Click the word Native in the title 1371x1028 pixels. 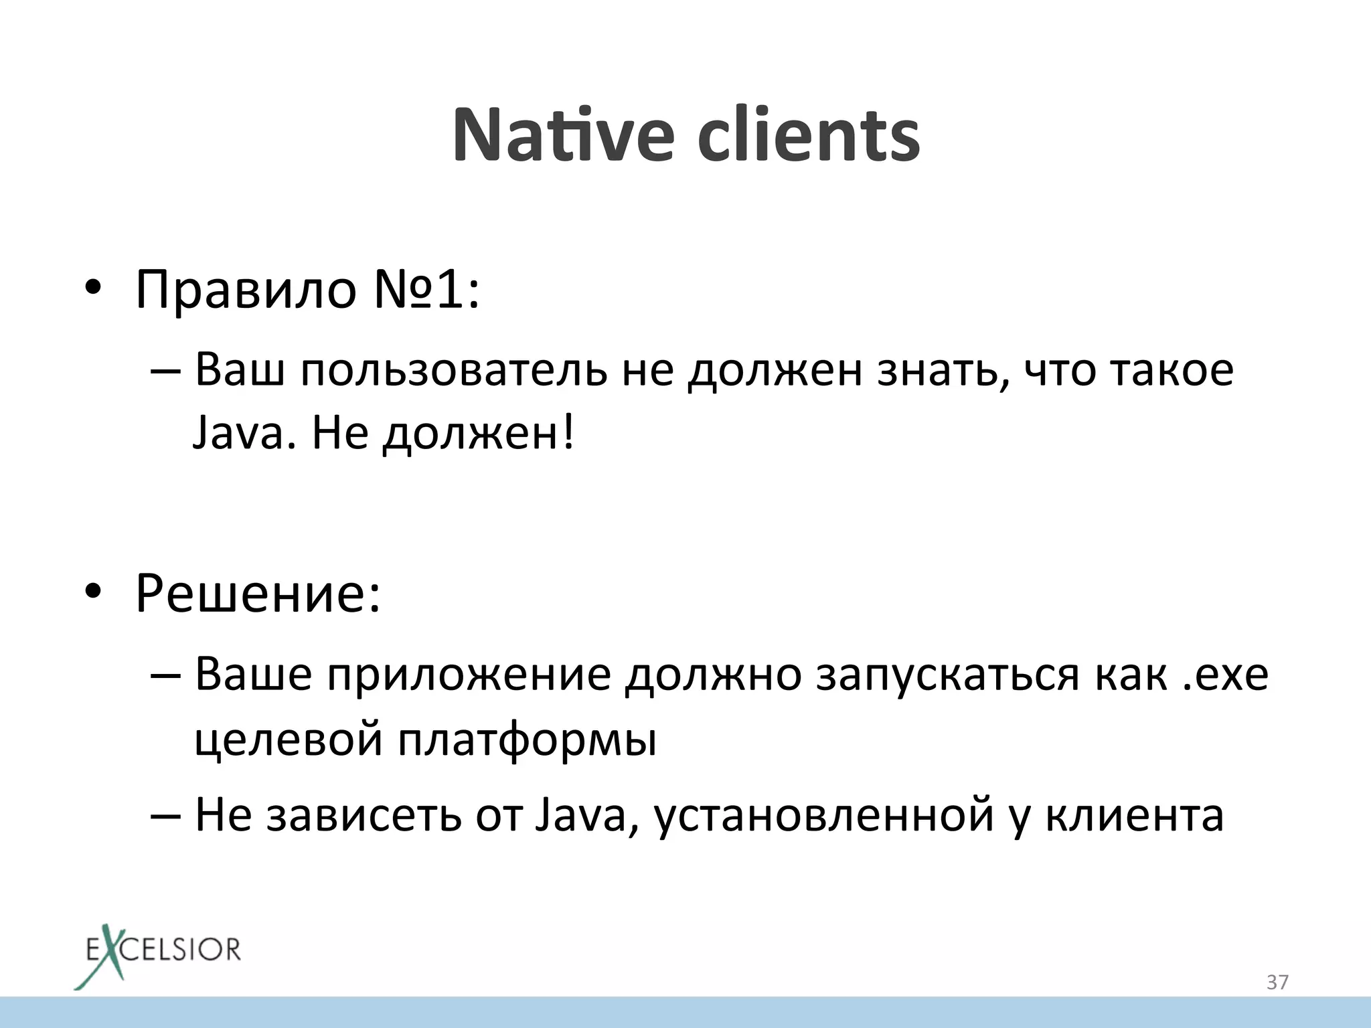562,135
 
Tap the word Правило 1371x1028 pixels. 246,290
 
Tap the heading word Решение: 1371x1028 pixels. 258,593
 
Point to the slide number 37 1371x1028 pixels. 1277,982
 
